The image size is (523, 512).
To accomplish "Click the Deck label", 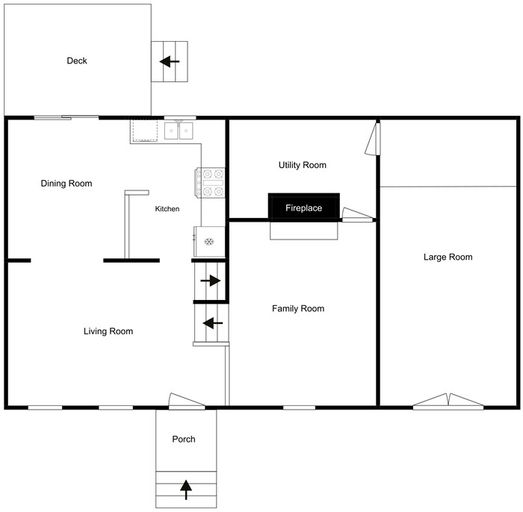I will point(76,60).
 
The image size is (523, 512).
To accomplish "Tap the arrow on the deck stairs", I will point(170,61).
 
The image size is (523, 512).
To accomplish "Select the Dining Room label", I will point(66,184).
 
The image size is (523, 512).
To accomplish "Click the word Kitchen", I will point(167,209).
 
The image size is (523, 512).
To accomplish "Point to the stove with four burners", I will point(211,183).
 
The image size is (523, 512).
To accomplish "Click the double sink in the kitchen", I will point(179,131).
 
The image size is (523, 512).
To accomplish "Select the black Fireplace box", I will point(303,207).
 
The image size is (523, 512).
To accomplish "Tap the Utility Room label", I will point(302,165).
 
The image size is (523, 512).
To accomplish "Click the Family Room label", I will point(297,308).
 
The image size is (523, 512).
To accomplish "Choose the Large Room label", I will point(448,257).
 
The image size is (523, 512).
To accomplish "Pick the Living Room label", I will point(108,331).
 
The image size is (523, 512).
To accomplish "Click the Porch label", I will point(183,439).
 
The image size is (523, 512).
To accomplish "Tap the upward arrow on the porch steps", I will point(185,489).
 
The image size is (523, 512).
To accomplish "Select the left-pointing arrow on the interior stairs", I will point(212,323).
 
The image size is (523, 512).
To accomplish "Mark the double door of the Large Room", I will point(448,402).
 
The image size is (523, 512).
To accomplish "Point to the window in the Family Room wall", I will point(297,408).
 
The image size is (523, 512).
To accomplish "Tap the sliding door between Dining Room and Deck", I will point(66,117).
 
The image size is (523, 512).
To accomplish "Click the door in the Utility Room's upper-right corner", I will point(373,140).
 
